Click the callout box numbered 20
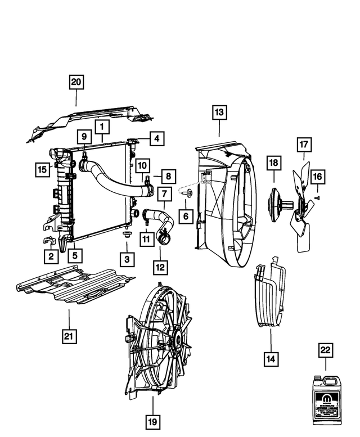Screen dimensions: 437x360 [x=76, y=83]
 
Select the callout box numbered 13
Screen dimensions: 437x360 [x=219, y=112]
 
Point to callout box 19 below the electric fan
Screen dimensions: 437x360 [x=153, y=421]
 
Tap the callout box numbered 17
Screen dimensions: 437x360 [x=304, y=145]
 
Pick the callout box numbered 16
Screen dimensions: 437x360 [x=317, y=177]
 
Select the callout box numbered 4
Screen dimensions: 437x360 [x=157, y=138]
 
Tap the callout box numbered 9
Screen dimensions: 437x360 [x=83, y=137]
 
